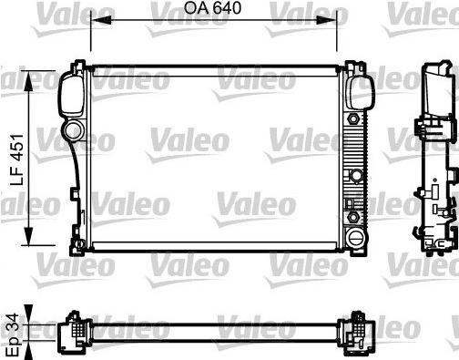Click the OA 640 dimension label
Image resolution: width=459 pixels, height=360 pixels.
pyautogui.click(x=212, y=7)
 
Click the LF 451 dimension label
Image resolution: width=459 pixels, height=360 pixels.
pyautogui.click(x=16, y=159)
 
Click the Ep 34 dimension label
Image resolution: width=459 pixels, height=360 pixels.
pyautogui.click(x=13, y=335)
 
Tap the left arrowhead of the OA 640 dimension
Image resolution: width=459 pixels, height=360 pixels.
pyautogui.click(x=101, y=20)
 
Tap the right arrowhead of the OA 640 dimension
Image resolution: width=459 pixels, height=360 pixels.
pyautogui.click(x=327, y=20)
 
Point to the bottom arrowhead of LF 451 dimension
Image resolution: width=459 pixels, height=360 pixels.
pyautogui.click(x=28, y=235)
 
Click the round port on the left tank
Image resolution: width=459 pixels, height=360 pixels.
pyautogui.click(x=74, y=130)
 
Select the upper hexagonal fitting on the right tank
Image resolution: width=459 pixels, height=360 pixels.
pyautogui.click(x=352, y=118)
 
